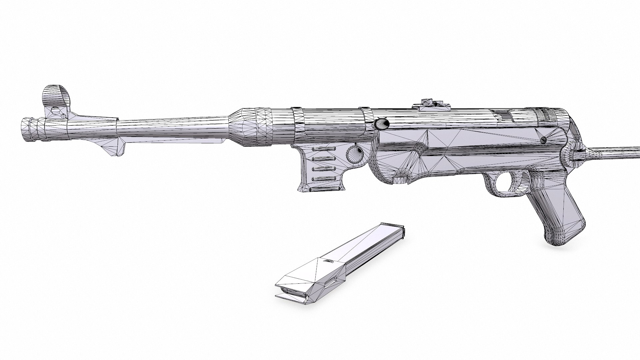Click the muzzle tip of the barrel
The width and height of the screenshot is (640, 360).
(25, 129)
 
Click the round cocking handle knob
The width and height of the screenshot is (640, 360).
(382, 124)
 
